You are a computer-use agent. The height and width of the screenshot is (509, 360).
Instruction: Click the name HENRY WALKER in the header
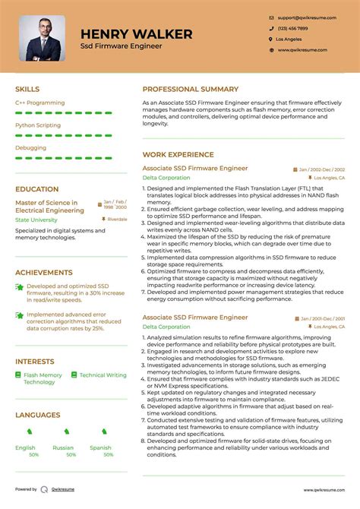[x=136, y=34]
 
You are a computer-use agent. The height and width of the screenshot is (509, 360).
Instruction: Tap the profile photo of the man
[x=42, y=38]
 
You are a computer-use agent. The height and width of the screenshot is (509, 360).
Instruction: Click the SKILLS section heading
[x=27, y=89]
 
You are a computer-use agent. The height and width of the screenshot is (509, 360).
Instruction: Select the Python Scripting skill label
[x=37, y=125]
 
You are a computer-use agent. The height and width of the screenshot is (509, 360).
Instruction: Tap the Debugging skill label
[x=30, y=147]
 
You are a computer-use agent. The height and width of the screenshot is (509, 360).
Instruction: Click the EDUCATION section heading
[x=36, y=189]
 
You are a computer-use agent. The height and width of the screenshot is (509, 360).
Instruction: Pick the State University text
[x=36, y=220]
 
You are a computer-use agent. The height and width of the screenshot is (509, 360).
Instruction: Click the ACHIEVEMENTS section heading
[x=44, y=271]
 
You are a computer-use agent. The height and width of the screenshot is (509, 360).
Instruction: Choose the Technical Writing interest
[x=103, y=375]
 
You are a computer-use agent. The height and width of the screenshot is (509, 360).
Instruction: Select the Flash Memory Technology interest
[x=43, y=378]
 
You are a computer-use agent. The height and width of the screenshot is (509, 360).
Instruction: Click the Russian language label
[x=63, y=448]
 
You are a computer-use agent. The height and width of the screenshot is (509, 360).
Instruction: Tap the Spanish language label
[x=101, y=448]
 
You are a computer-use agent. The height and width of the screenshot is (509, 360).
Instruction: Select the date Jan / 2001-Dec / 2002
[x=322, y=318]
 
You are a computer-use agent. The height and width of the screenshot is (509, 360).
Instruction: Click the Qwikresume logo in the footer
[x=45, y=490]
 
